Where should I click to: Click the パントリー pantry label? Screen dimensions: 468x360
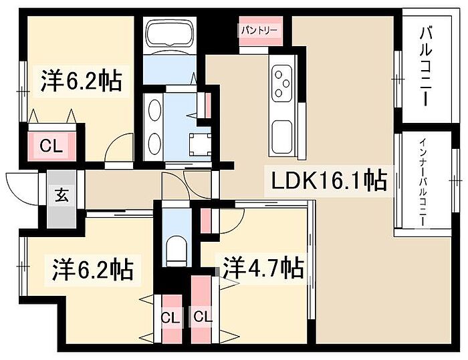259,30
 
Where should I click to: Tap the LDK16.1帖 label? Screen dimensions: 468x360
329,180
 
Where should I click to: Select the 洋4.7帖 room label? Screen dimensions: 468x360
264,267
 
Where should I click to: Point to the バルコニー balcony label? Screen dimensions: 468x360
426,66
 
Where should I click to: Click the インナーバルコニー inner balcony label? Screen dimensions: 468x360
423,182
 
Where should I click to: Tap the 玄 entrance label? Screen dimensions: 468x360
62,195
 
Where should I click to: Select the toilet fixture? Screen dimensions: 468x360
177,251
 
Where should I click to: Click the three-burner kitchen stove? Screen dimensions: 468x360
282,83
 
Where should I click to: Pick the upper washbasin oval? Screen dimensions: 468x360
154,110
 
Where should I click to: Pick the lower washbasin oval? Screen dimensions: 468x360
154,144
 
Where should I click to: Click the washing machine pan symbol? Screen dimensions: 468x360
201,145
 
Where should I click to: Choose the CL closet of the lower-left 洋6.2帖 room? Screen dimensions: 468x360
171,319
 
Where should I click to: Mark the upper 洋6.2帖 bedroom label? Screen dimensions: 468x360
81,80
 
